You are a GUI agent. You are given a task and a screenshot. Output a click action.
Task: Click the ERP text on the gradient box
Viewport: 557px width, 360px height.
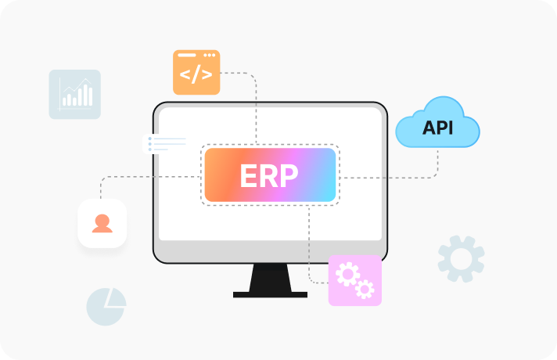coord(269,175)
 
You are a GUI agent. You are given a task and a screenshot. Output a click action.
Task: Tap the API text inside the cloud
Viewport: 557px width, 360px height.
coord(437,128)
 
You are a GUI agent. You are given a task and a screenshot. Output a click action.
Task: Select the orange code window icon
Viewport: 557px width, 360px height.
coord(196,72)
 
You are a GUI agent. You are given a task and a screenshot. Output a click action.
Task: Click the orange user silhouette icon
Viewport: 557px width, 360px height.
coord(102,224)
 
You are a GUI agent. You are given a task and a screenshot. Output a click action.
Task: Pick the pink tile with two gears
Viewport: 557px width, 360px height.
coord(355,280)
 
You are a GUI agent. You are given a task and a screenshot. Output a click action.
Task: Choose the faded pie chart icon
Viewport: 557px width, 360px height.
coord(106,307)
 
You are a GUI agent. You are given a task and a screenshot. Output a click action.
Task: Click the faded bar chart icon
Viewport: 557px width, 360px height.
coord(74,94)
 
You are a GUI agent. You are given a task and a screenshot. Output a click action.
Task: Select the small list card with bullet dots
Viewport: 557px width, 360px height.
coord(164,144)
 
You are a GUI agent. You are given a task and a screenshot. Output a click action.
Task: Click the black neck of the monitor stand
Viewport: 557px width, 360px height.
coord(270,278)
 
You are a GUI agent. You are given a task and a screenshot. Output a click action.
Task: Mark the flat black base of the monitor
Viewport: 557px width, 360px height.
coord(270,294)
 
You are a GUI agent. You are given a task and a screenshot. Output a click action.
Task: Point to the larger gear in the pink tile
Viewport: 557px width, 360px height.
coord(347,274)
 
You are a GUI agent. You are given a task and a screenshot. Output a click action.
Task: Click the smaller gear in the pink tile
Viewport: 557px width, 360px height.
coord(365,289)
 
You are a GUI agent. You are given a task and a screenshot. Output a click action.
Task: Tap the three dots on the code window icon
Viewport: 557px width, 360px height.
coord(209,55)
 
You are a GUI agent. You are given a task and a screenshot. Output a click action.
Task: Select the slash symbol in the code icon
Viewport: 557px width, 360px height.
coord(196,74)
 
